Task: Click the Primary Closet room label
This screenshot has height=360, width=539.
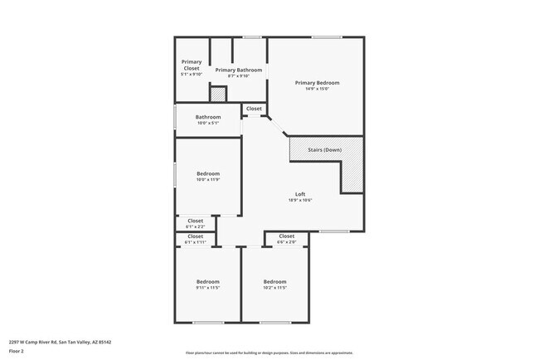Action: (192, 65)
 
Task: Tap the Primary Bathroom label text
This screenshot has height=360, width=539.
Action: (238, 71)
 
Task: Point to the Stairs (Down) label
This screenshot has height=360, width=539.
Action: (324, 150)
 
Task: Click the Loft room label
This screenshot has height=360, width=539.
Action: (300, 194)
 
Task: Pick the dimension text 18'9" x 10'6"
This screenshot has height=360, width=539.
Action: (300, 200)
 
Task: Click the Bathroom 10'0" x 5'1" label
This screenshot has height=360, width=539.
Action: (208, 117)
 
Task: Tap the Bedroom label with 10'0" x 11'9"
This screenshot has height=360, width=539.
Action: (208, 173)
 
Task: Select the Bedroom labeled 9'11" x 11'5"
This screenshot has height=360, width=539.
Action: (207, 281)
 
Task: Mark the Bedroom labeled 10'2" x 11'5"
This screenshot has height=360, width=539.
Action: (274, 281)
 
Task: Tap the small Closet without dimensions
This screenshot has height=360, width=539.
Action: (254, 109)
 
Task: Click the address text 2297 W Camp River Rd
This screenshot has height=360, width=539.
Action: (60, 342)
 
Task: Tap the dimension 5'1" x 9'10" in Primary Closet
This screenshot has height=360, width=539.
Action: (192, 75)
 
